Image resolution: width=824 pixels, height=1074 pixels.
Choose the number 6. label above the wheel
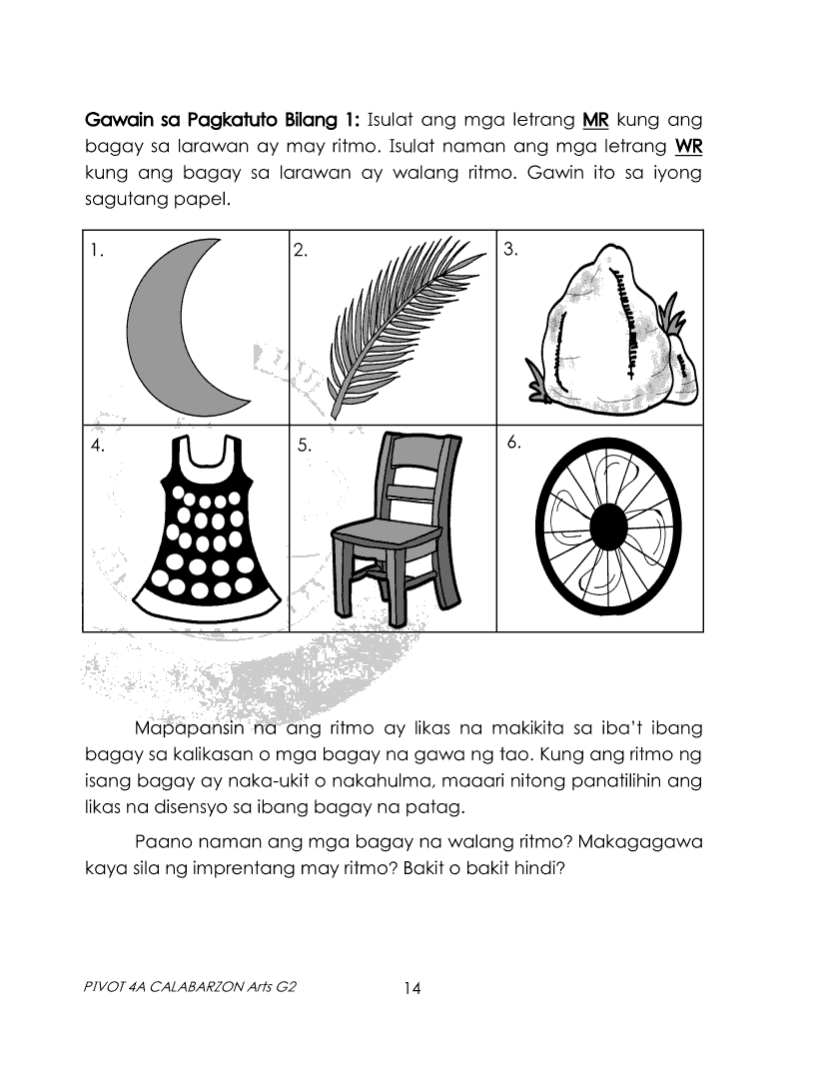(x=514, y=443)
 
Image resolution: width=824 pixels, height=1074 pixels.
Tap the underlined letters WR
(x=688, y=147)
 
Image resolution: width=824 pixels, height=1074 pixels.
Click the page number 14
(x=412, y=989)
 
